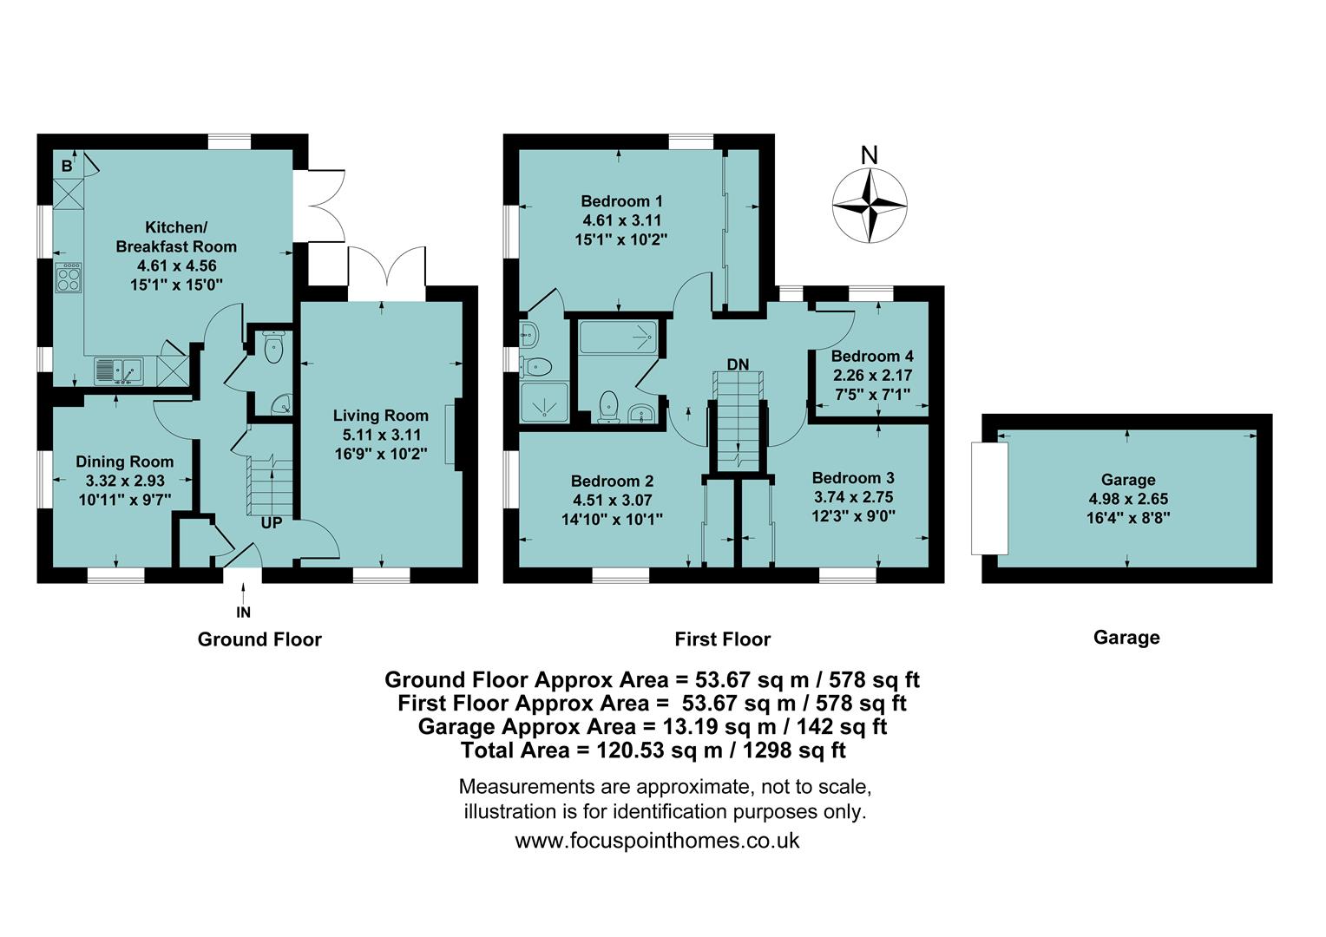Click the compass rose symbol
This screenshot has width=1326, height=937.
[x=870, y=206]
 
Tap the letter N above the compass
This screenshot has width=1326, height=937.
[x=869, y=155]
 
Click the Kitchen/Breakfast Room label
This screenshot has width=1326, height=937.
[x=176, y=237]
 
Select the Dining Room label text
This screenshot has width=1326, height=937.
[x=124, y=462]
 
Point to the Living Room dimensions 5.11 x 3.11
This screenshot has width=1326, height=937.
[x=381, y=435]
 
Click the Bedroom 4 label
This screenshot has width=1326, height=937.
[x=871, y=356]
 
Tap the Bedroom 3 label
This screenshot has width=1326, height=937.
[x=852, y=478]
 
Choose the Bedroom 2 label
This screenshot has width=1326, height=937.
[x=612, y=481]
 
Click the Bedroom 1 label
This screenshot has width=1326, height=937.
[x=621, y=201]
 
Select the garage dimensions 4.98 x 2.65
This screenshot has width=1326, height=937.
[x=1127, y=499]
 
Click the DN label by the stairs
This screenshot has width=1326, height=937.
[x=738, y=364]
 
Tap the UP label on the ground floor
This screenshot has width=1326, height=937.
[x=272, y=523]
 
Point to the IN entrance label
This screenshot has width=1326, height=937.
[x=244, y=613]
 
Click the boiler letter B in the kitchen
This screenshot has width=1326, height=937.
[x=67, y=166]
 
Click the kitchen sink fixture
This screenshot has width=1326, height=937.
[x=120, y=370]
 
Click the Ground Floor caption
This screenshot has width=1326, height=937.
[x=259, y=639]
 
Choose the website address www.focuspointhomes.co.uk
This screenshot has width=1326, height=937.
[x=657, y=840]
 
